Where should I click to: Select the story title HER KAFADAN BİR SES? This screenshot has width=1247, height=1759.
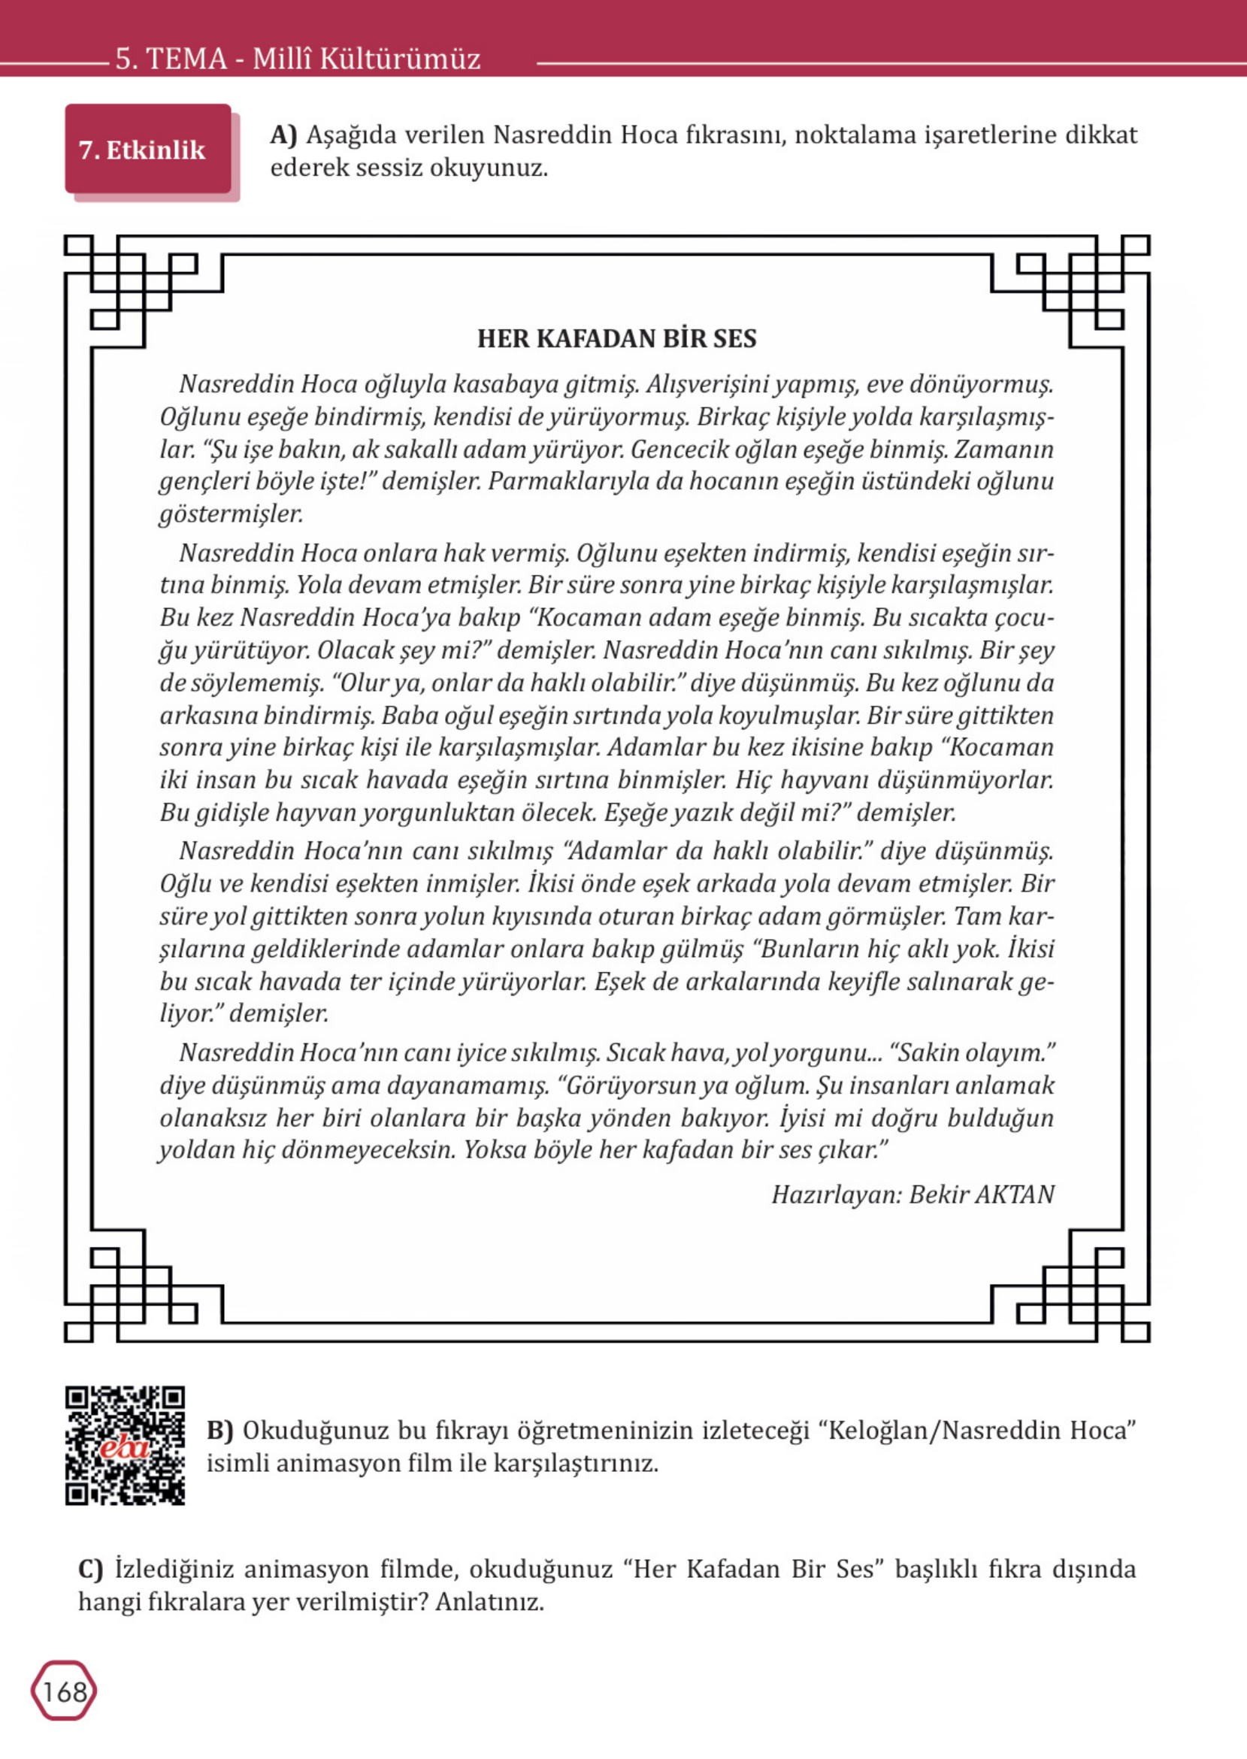tap(616, 338)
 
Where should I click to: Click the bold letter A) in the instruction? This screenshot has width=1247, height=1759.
tap(283, 135)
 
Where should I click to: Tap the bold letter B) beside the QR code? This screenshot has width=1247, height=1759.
tap(219, 1431)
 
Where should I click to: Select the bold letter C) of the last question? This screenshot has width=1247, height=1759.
tap(91, 1569)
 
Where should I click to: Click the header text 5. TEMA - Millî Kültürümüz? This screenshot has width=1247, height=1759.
tap(298, 59)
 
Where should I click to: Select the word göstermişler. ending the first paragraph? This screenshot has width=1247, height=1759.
tap(231, 513)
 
